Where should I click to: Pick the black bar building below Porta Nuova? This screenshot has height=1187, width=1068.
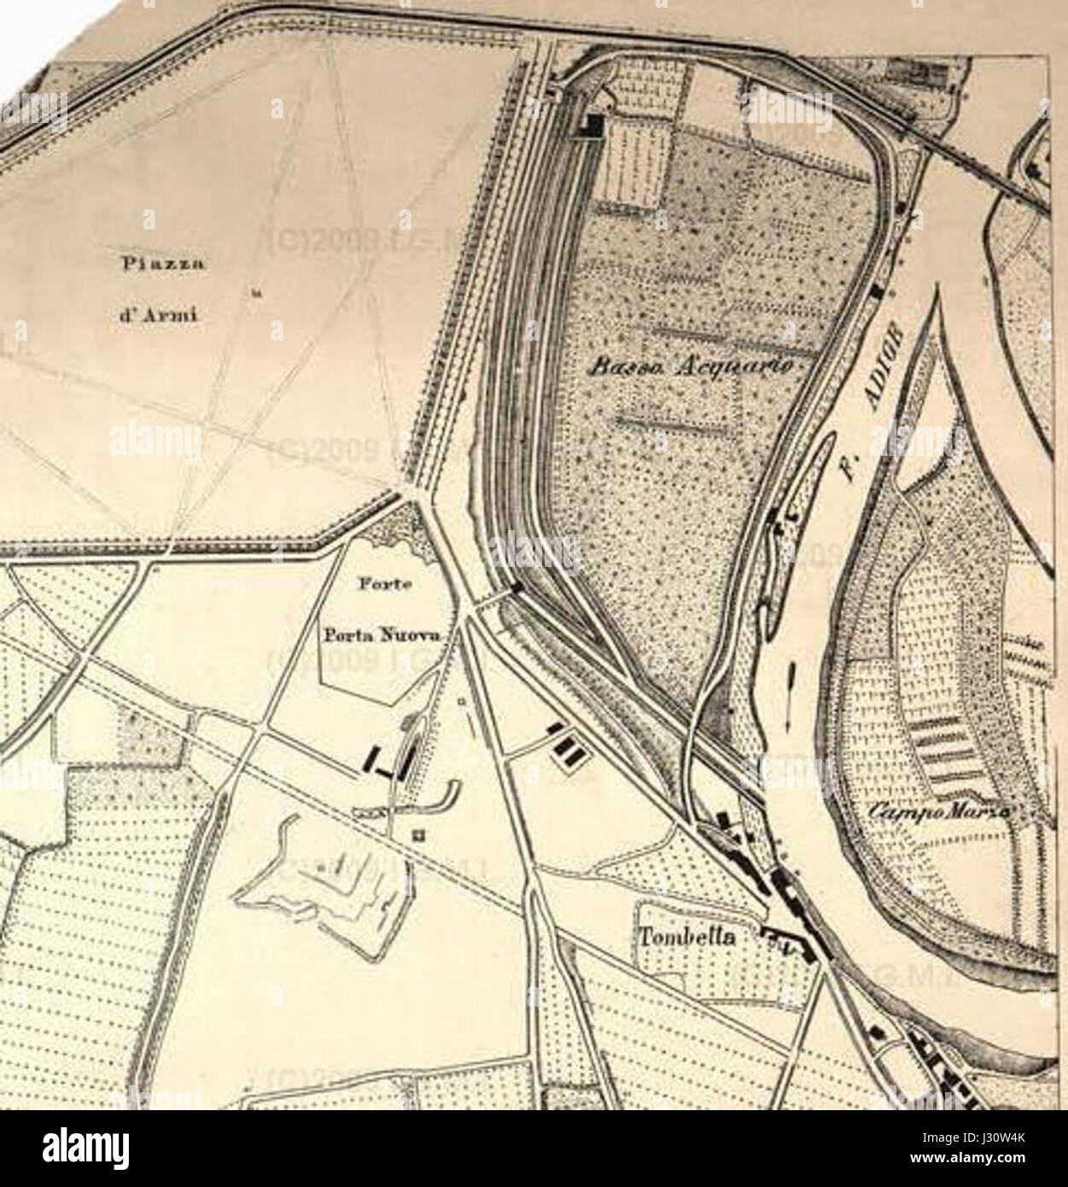372,756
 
